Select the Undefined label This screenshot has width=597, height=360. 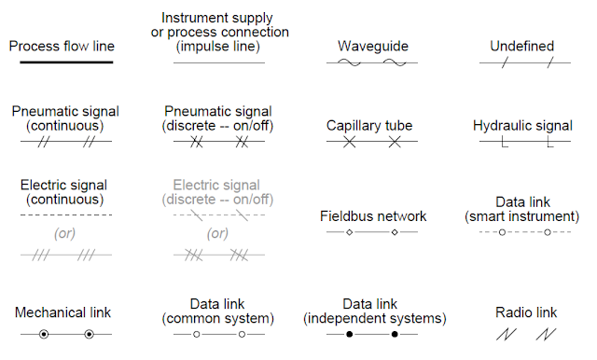[x=522, y=46]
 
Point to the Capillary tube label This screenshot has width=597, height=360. [x=369, y=125]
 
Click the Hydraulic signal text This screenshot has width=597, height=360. [x=522, y=125]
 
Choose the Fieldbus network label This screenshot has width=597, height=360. [x=370, y=216]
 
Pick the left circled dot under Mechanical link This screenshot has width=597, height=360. [x=44, y=333]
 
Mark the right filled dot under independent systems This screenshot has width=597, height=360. [x=395, y=333]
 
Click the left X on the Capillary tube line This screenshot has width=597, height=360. [x=349, y=143]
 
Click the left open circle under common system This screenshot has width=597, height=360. [x=196, y=333]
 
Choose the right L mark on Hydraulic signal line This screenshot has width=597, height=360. [x=548, y=144]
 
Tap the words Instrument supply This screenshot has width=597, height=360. [x=217, y=18]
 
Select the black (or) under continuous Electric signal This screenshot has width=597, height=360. [x=64, y=233]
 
